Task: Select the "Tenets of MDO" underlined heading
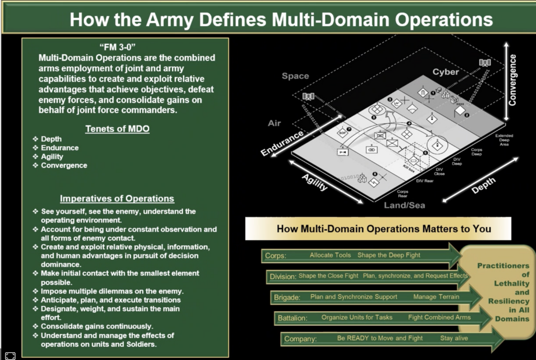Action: [x=117, y=128]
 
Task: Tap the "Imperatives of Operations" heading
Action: [x=117, y=198]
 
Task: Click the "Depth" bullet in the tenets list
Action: [x=51, y=139]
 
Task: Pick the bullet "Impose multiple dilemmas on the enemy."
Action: [x=112, y=291]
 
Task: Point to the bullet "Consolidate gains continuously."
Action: [x=97, y=327]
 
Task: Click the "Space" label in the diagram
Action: [x=295, y=76]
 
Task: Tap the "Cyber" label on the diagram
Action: [x=445, y=72]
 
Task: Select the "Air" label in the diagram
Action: [x=274, y=123]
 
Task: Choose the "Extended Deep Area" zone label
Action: [x=505, y=139]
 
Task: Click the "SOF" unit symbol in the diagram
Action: [x=343, y=133]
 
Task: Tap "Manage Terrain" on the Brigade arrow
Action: [x=436, y=297]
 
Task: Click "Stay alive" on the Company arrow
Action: [x=454, y=338]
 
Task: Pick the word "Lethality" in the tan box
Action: [x=508, y=283]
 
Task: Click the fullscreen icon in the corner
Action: [x=10, y=355]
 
